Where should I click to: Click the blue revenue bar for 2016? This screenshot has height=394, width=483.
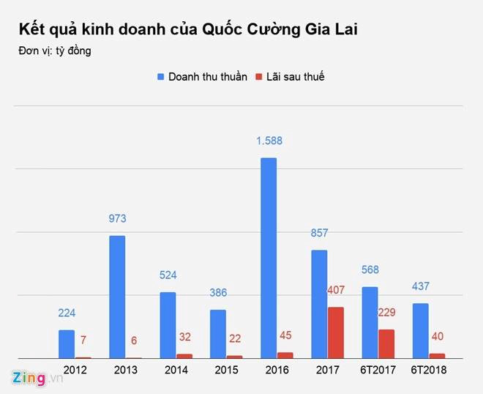(269, 258)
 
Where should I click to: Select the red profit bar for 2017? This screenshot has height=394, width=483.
(336, 332)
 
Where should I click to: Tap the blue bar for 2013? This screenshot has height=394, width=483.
(117, 297)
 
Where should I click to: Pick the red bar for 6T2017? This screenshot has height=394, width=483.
(386, 343)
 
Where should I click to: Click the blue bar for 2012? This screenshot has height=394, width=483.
(67, 343)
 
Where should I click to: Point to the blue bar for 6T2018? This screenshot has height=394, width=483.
(420, 330)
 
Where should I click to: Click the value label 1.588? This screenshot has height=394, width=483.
(269, 141)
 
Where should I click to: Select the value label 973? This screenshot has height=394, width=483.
(117, 218)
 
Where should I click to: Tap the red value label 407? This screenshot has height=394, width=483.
(336, 290)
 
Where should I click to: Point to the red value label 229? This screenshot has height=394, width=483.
(387, 313)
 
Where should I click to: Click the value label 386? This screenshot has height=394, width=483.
(218, 292)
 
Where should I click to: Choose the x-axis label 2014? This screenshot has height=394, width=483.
(176, 370)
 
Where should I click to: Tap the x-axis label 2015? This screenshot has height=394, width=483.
(226, 370)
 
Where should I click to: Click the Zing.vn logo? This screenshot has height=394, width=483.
(28, 377)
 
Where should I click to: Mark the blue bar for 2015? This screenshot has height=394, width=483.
(218, 333)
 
